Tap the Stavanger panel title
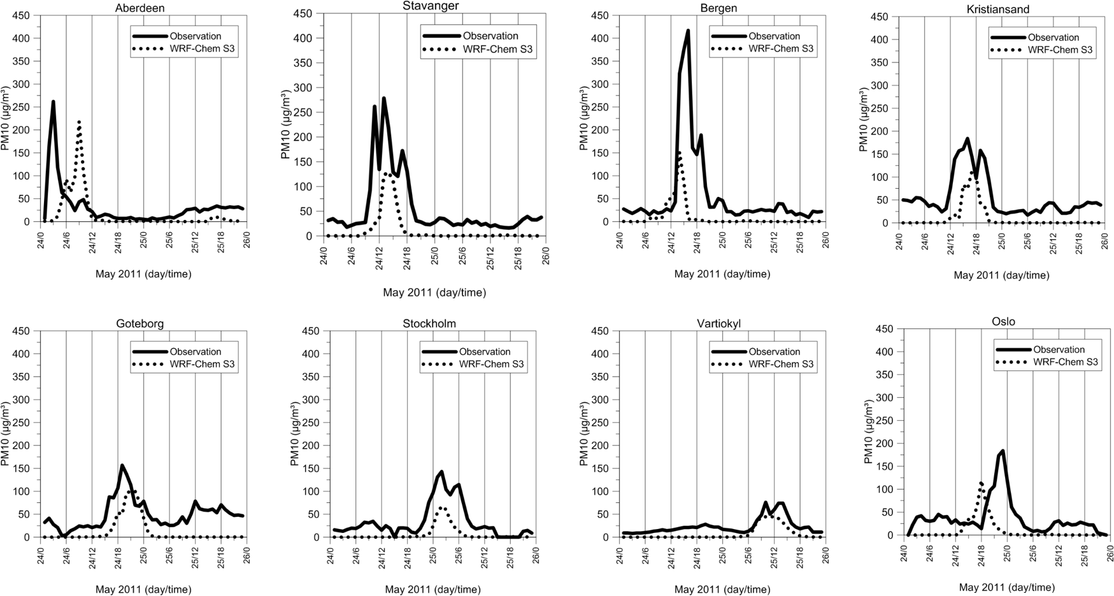pyautogui.click(x=431, y=6)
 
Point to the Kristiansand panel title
pyautogui.click(x=1001, y=9)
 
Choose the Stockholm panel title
pyautogui.click(x=429, y=323)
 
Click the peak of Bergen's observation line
pyautogui.click(x=688, y=31)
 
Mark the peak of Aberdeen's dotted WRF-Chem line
pyautogui.click(x=78, y=121)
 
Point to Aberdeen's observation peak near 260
pyautogui.click(x=54, y=101)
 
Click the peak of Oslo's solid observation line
pyautogui.click(x=1003, y=451)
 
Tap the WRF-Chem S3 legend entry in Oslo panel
pyautogui.click(x=1066, y=362)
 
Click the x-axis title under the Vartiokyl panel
pyautogui.click(x=722, y=590)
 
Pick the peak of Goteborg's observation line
pyautogui.click(x=122, y=465)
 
